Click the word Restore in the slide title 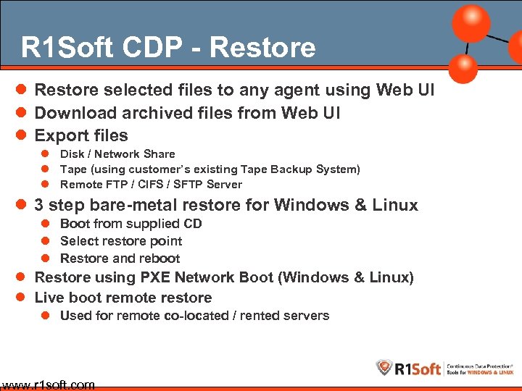pos(263,48)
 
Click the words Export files pos(81,135)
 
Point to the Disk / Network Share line pos(117,154)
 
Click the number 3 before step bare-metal pos(40,205)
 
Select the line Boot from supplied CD pos(130,224)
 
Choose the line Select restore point pos(121,241)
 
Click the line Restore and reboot pos(120,258)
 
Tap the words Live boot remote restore pos(123,298)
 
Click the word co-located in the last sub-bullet pos(215,316)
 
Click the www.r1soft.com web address pos(48,384)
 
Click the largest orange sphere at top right pos(471,23)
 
